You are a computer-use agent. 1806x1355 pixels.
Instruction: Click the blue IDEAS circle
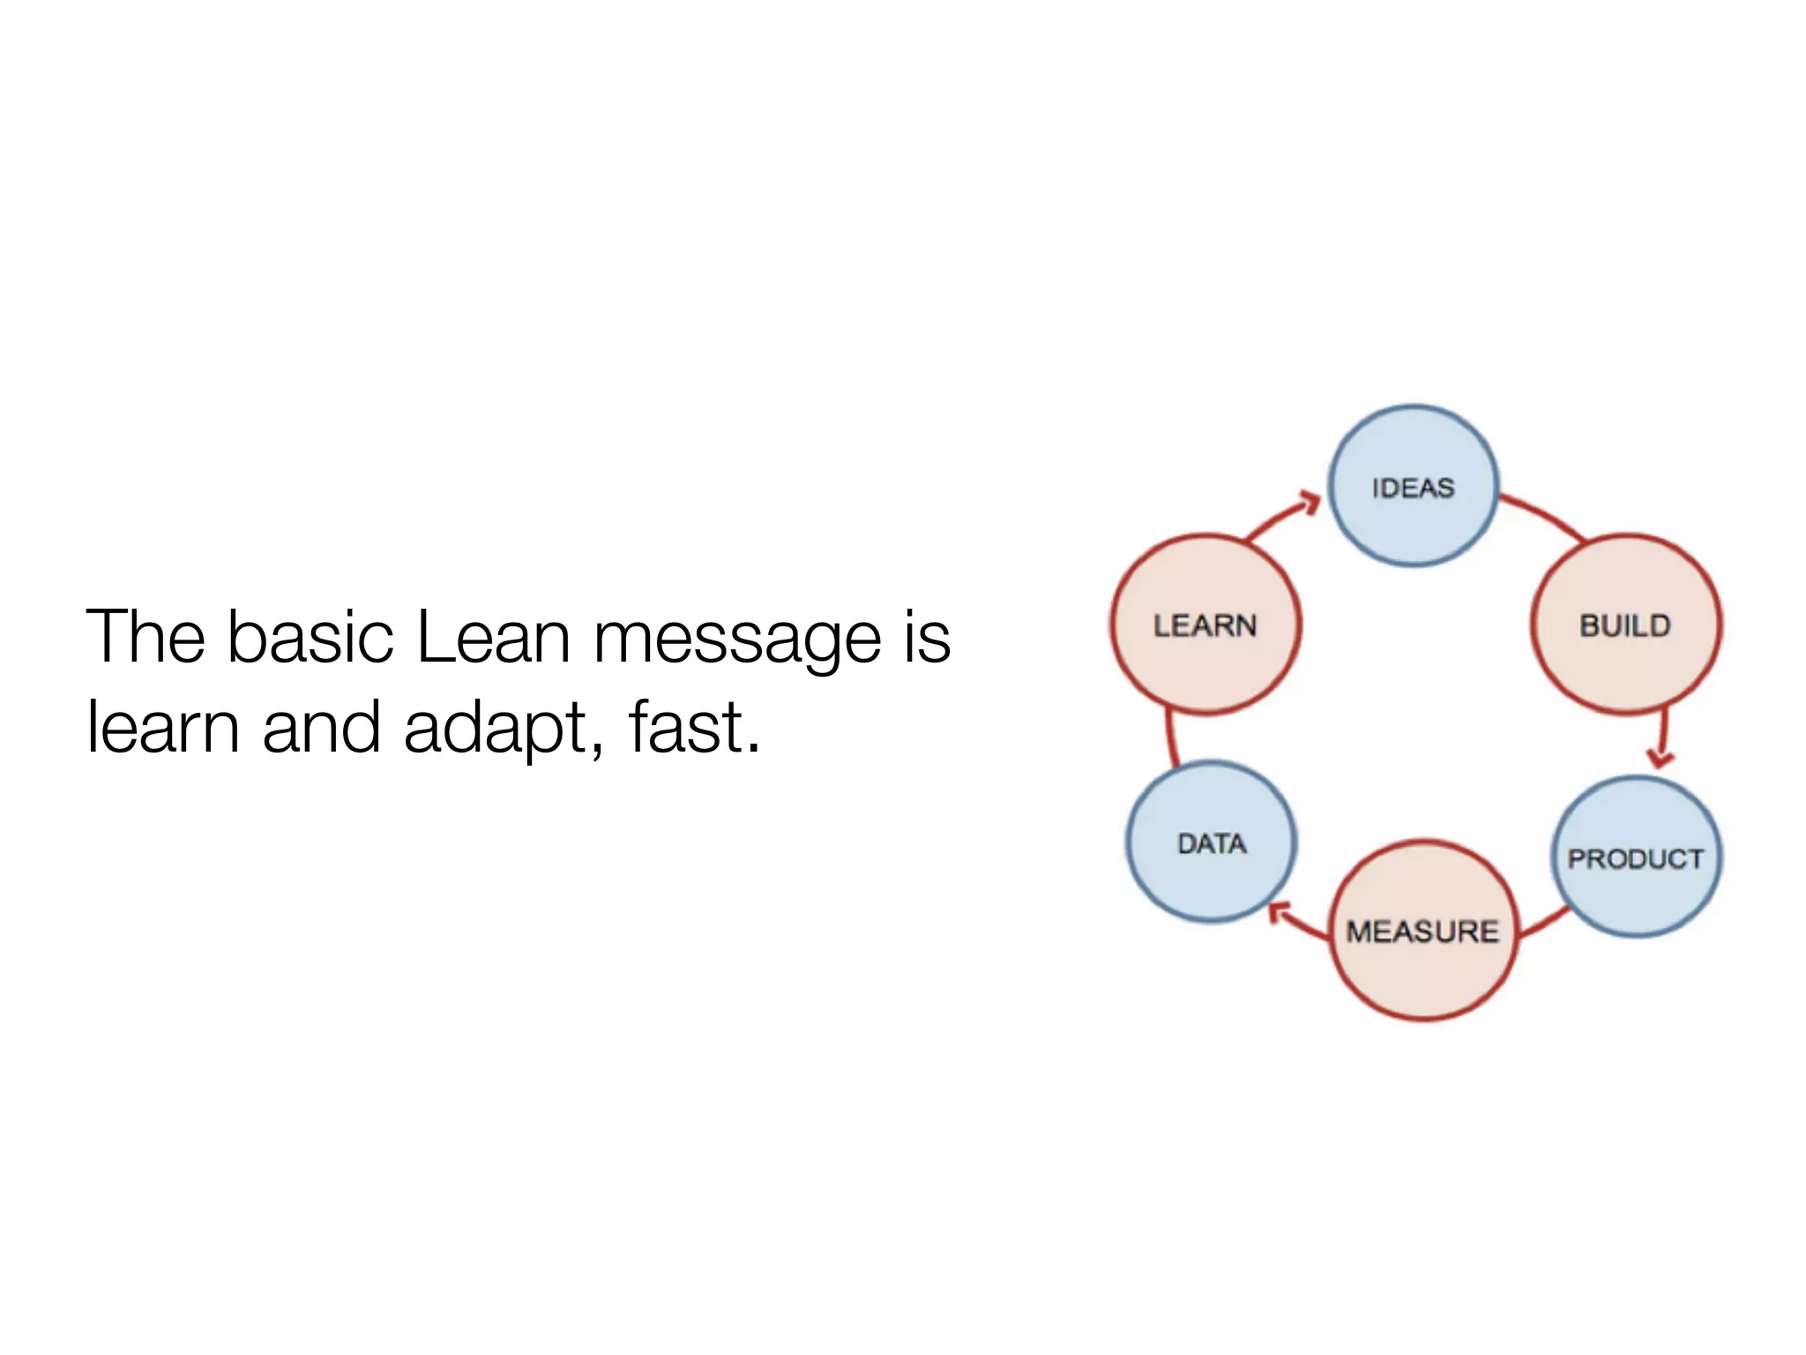(1413, 486)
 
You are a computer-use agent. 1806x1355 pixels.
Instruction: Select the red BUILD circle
(1625, 625)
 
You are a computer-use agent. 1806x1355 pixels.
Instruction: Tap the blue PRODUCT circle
(1636, 857)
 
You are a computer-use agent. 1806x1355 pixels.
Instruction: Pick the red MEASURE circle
(1422, 931)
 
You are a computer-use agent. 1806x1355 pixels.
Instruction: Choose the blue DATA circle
(1212, 842)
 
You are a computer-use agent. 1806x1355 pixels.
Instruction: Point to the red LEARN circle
(1205, 625)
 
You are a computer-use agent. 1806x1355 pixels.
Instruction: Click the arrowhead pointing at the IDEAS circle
(1310, 504)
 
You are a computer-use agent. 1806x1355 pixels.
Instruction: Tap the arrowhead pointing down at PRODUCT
(1660, 756)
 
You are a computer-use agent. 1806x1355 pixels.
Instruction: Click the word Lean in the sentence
(493, 636)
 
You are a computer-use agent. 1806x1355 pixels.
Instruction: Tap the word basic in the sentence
(310, 636)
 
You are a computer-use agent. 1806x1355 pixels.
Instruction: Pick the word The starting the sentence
(146, 636)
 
